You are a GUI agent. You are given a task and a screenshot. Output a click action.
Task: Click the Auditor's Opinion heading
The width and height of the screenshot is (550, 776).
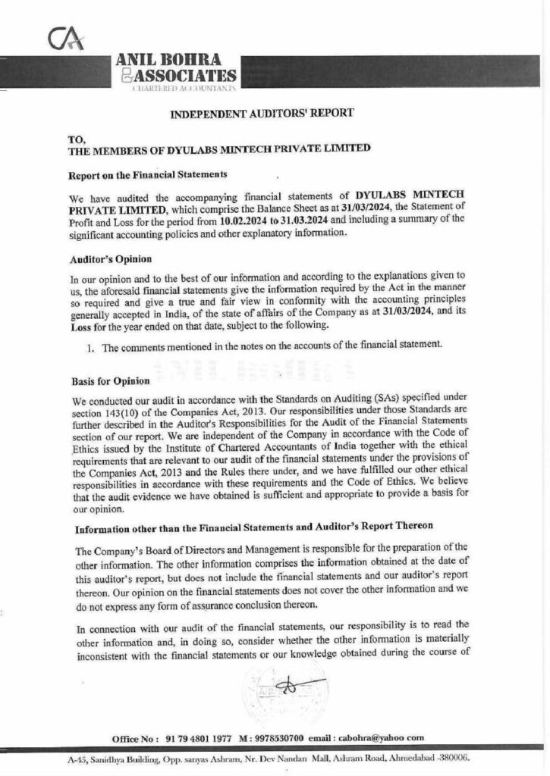point(102,259)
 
